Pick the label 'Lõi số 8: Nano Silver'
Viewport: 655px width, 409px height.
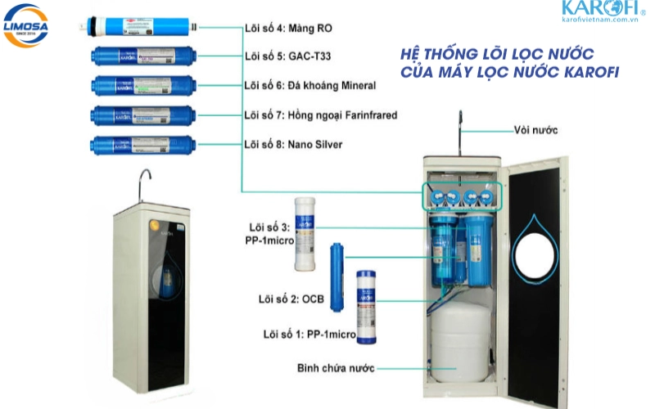pyautogui.click(x=293, y=144)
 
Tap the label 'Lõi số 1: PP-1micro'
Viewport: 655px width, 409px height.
pyautogui.click(x=309, y=334)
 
